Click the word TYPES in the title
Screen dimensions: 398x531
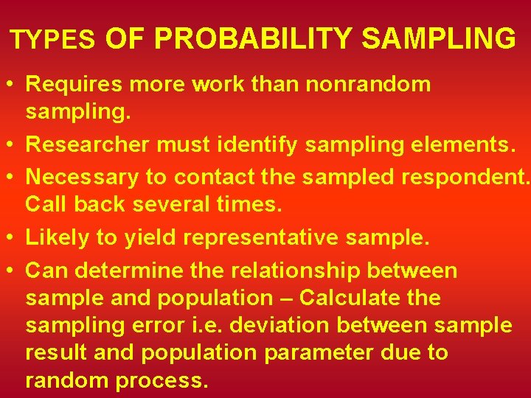[53, 40]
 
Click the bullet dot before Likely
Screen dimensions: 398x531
[13, 238]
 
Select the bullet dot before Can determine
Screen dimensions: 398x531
[13, 270]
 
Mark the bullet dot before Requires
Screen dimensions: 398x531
[13, 84]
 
